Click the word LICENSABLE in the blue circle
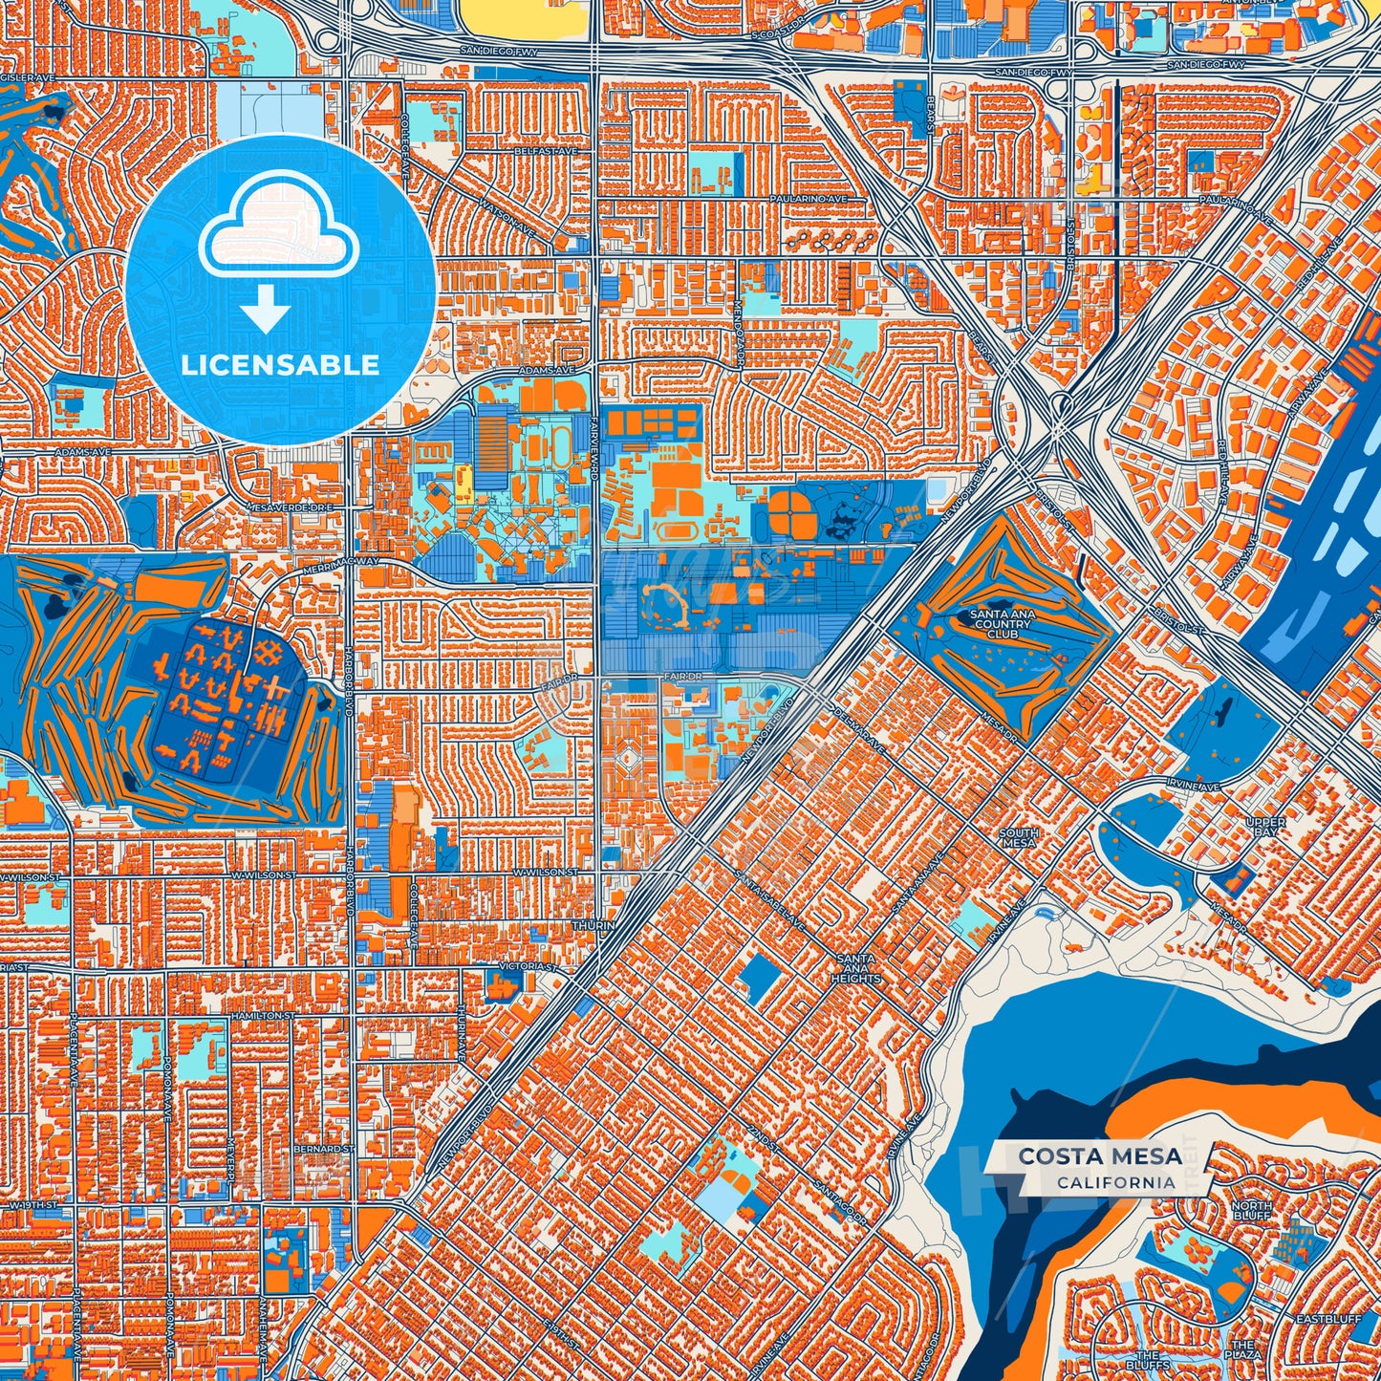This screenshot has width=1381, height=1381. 280,365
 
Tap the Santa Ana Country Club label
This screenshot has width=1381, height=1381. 1001,624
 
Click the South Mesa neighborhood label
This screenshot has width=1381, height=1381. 1018,838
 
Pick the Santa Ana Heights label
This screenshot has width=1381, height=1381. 855,968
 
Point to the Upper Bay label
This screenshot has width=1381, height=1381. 1265,827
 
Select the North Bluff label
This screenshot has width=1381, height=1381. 1251,1212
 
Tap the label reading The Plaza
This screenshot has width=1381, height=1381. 1243,1349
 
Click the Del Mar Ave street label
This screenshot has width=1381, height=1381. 858,728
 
